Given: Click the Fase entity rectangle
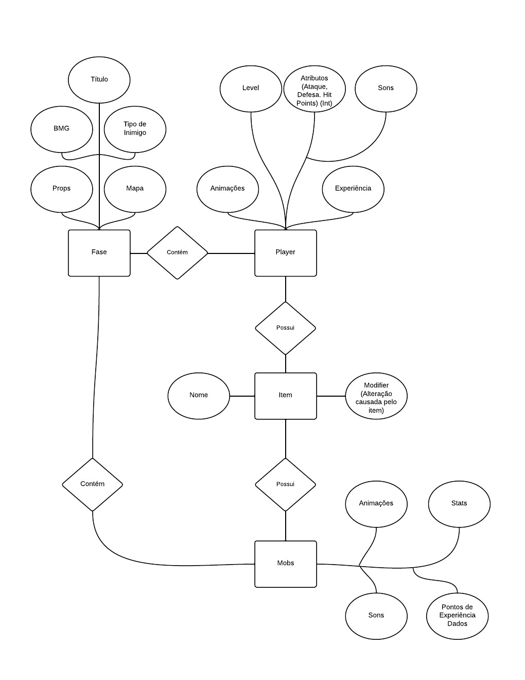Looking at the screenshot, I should coord(99,252).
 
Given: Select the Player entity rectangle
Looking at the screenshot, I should coord(286,252).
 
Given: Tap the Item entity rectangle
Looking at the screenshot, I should coord(286,396).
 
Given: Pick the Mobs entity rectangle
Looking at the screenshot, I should coord(286,564).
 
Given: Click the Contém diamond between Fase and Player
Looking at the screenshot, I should coord(177,252).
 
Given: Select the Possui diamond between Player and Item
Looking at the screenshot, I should coord(286,328).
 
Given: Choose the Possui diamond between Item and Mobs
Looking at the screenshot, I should coord(286,484).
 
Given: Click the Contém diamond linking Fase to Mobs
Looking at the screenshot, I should coord(93,484).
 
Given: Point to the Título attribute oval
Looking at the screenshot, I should coord(99,79).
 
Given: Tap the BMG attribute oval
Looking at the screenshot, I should coord(62,128).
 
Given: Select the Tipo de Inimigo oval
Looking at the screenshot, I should coord(135,128).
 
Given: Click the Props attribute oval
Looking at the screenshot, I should coord(62,189).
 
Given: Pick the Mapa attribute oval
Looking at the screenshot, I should coord(135,189).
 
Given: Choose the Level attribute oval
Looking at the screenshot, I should coord(251,88).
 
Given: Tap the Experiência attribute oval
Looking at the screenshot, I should coord(353,189).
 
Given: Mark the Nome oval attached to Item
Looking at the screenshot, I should coord(199,396).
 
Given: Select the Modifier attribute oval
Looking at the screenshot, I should coord(376,397).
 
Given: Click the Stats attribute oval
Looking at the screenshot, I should coord(459,503).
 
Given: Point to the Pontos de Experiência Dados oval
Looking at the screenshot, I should coord(457,616).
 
